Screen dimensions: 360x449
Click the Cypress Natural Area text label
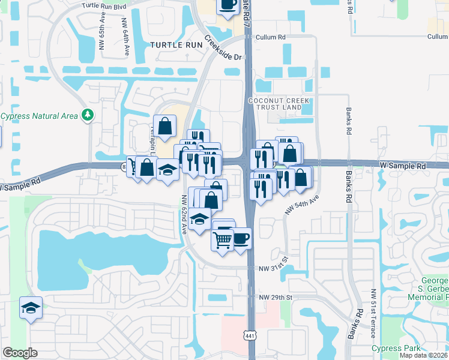coord(39,116)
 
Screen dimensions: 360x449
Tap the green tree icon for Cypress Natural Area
coord(88,114)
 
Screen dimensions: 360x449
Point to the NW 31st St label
coord(274,268)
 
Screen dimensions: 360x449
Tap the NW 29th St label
coord(276,298)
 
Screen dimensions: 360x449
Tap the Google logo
coord(20,353)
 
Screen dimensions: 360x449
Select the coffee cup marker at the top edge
coord(228,5)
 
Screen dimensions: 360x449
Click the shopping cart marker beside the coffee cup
coord(223,240)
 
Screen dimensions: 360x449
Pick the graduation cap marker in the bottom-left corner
coord(31,308)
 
